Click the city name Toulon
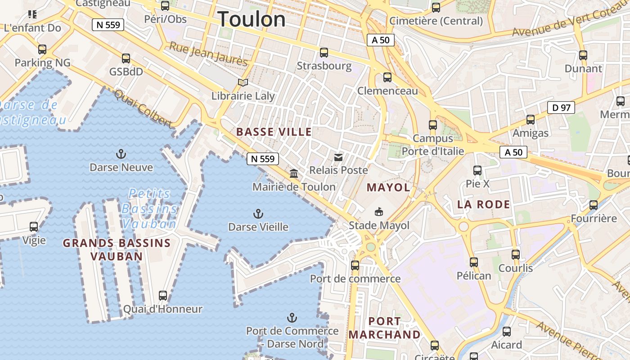tap(252, 19)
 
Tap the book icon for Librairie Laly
tap(243, 83)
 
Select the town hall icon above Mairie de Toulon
tap(294, 173)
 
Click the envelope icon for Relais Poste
tap(338, 157)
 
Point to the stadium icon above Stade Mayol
tap(379, 211)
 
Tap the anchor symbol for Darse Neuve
tap(121, 154)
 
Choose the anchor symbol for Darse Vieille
tap(258, 213)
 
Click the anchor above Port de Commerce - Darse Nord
tap(292, 318)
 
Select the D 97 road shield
tap(561, 108)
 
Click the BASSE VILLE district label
tap(274, 132)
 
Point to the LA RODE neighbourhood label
tap(484, 205)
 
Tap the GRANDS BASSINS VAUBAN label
tap(117, 250)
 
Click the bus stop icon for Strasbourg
tap(324, 53)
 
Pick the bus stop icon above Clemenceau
tap(387, 77)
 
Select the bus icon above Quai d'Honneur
tap(163, 296)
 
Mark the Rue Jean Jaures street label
tap(208, 54)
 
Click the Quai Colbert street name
tap(143, 108)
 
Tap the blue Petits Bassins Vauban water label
tap(149, 209)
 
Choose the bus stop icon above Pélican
tap(474, 262)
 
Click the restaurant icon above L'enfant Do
tap(32, 14)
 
